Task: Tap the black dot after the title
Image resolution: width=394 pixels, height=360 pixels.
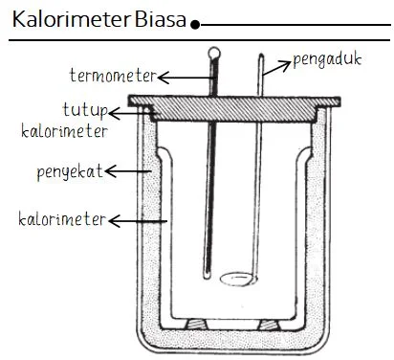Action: [x=195, y=24]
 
